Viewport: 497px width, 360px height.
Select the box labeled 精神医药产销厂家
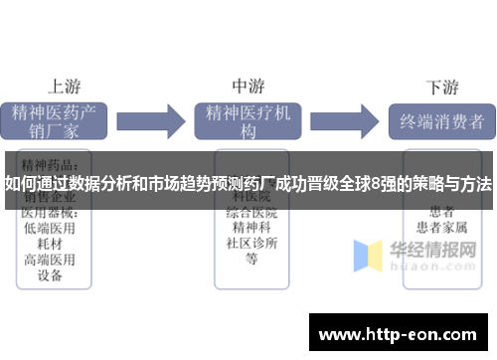click(58, 119)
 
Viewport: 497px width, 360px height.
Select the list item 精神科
click(251, 228)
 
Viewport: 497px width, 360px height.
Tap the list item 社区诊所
click(251, 243)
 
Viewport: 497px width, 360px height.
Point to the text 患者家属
click(441, 228)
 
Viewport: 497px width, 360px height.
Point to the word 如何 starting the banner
click(21, 183)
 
